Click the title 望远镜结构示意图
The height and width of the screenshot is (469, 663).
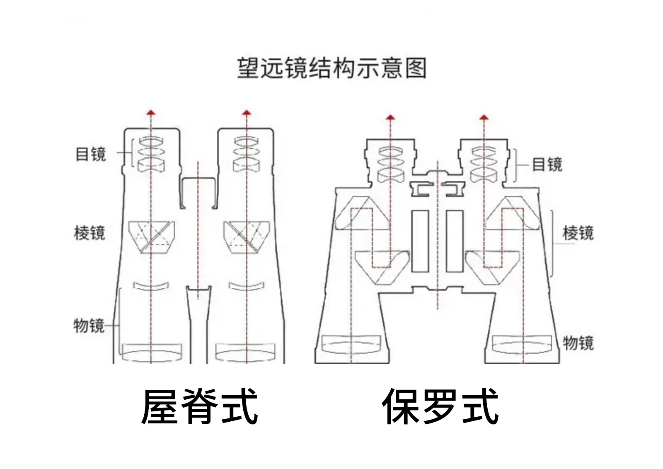331,68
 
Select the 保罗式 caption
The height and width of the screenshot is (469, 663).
440,406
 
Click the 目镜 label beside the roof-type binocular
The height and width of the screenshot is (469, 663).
90,154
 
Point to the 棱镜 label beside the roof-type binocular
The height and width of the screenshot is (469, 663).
90,233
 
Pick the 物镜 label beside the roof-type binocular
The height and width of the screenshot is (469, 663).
88,325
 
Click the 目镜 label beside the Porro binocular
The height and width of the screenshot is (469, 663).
547,165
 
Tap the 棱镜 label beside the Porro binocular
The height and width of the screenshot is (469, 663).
578,233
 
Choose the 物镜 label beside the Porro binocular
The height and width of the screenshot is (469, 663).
578,343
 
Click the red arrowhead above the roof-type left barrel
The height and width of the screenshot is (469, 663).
151,112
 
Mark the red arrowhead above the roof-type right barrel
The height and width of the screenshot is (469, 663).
247,112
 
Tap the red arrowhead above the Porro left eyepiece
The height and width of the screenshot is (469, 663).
390,117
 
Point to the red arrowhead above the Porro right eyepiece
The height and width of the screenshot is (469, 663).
484,117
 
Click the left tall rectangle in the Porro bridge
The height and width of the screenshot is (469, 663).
420,241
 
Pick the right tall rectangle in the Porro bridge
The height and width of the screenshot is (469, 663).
454,241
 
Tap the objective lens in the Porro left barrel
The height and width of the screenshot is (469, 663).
351,344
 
